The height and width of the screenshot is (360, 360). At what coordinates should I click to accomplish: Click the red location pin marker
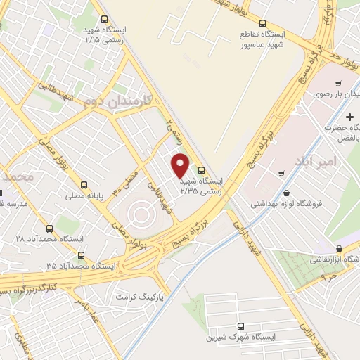click(181, 165)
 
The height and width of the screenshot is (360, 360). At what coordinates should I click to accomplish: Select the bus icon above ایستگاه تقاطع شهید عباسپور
click(262, 23)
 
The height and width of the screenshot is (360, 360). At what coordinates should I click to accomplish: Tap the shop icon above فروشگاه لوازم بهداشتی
click(286, 193)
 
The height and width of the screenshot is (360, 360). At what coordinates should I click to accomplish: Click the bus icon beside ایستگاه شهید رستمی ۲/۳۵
click(202, 169)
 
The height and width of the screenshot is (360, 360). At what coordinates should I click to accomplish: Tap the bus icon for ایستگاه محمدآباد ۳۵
click(82, 255)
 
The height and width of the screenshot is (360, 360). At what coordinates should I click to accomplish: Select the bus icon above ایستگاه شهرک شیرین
click(240, 327)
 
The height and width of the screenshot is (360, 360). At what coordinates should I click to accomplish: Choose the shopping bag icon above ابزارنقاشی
click(340, 248)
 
